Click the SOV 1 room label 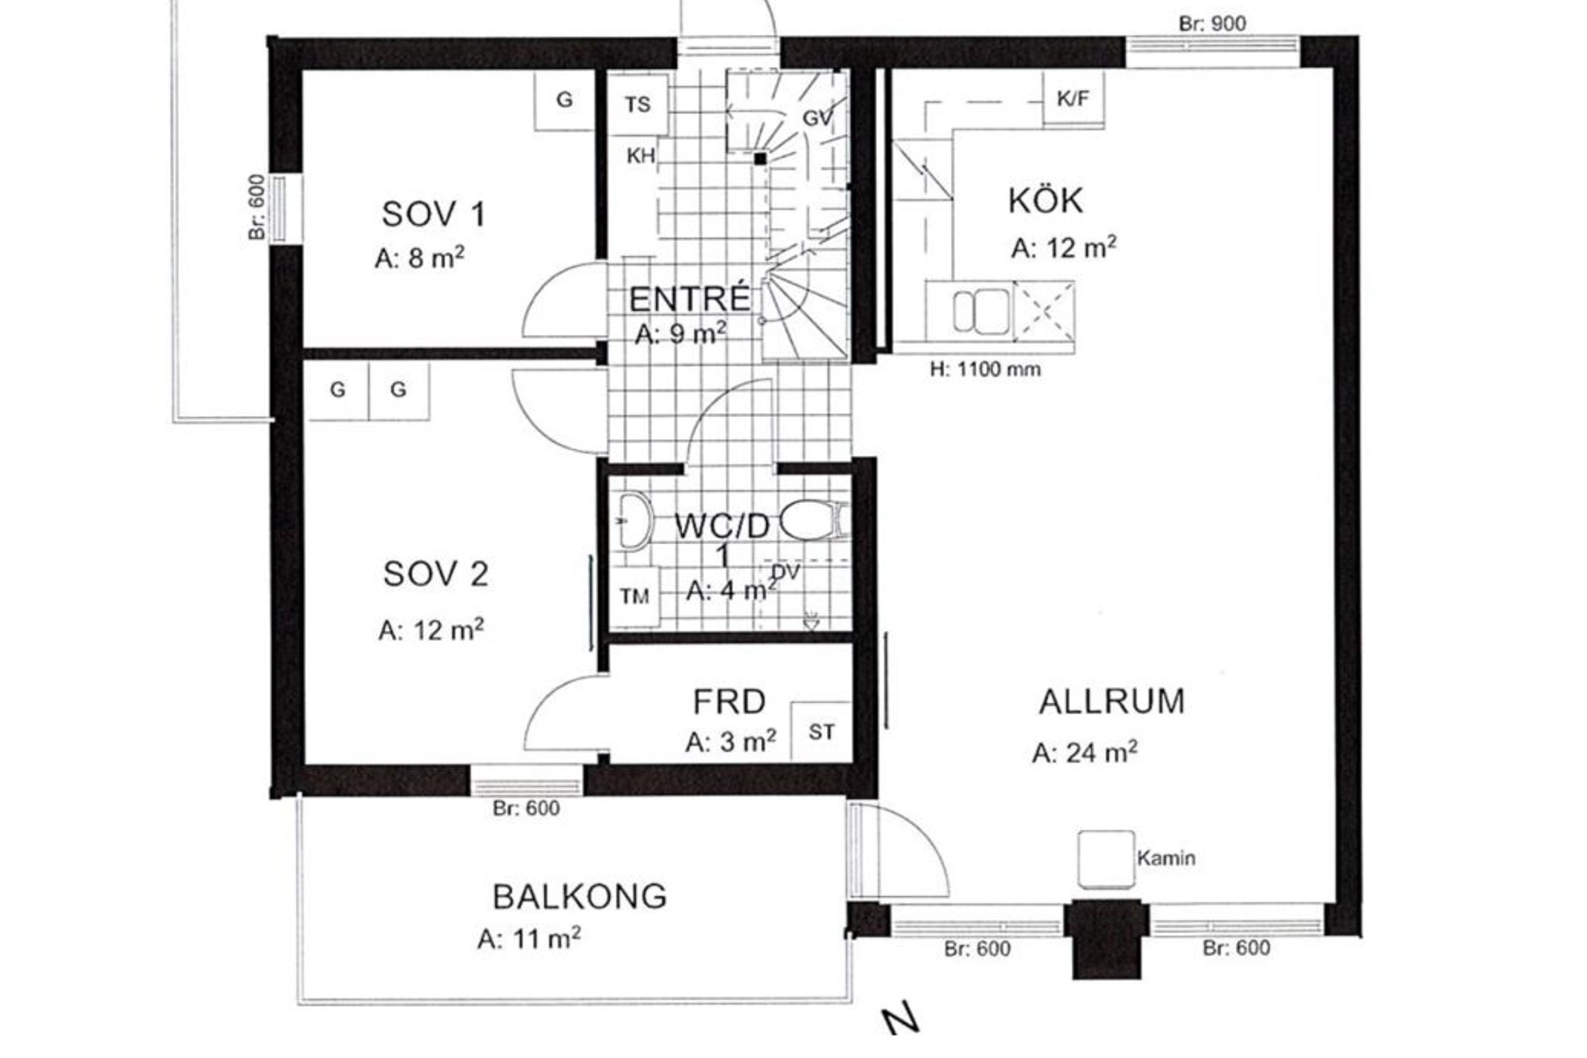pos(433,215)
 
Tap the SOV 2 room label pos(435,574)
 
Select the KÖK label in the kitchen pos(1045,201)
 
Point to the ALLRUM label pos(1111,701)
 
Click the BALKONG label pos(580,897)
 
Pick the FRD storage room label pos(728,701)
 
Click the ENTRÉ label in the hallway pos(689,298)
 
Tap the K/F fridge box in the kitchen pos(1073,98)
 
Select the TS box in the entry pos(638,104)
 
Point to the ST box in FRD pos(821,732)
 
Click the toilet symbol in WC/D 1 pos(814,520)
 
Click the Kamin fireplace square pos(1106,859)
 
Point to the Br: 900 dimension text pos(1212,24)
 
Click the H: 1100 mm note pos(985,369)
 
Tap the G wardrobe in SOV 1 pos(564,100)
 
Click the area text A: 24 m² pos(1084,753)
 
